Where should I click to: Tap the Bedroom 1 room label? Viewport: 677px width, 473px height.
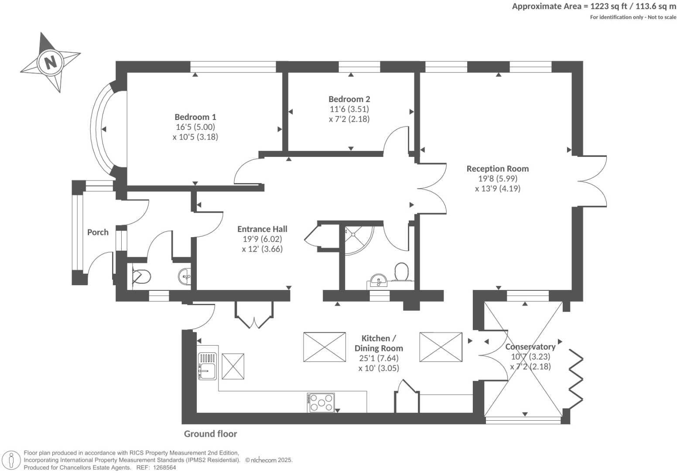(x=195, y=117)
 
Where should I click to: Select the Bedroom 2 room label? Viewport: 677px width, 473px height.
(x=349, y=99)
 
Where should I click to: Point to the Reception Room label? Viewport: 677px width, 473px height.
(x=497, y=169)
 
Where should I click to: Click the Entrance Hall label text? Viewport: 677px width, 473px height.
(x=262, y=229)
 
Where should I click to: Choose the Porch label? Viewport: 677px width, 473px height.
(x=98, y=232)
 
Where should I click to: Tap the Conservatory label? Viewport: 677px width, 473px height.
(x=530, y=347)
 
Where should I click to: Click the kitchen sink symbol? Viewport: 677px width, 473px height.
(x=208, y=366)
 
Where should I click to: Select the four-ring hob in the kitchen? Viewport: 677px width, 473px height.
(x=321, y=403)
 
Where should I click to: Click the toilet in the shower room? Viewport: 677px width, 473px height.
(x=401, y=271)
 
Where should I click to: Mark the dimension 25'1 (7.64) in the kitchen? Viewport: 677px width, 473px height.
(x=379, y=358)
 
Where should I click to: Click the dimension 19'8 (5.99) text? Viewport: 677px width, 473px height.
(x=497, y=179)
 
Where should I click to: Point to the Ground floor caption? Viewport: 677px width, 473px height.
(x=210, y=434)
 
